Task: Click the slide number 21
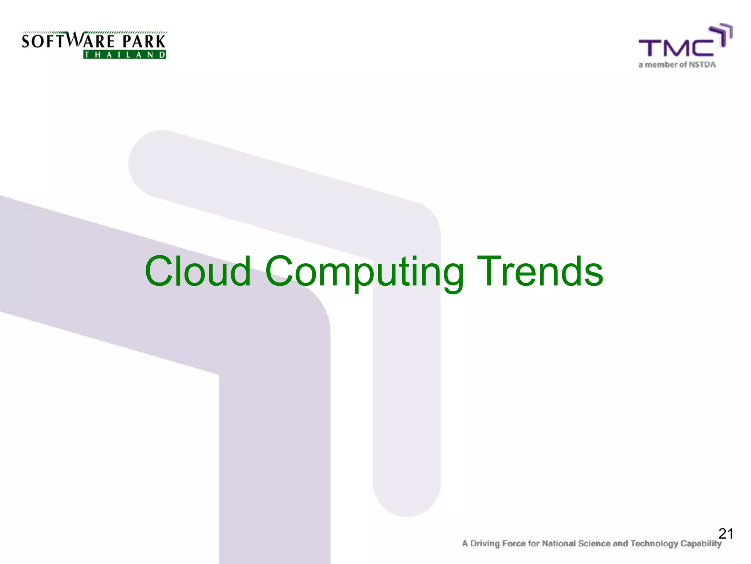(726, 534)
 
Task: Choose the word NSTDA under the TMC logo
(702, 65)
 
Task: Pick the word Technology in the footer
(654, 544)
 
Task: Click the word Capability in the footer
(701, 544)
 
